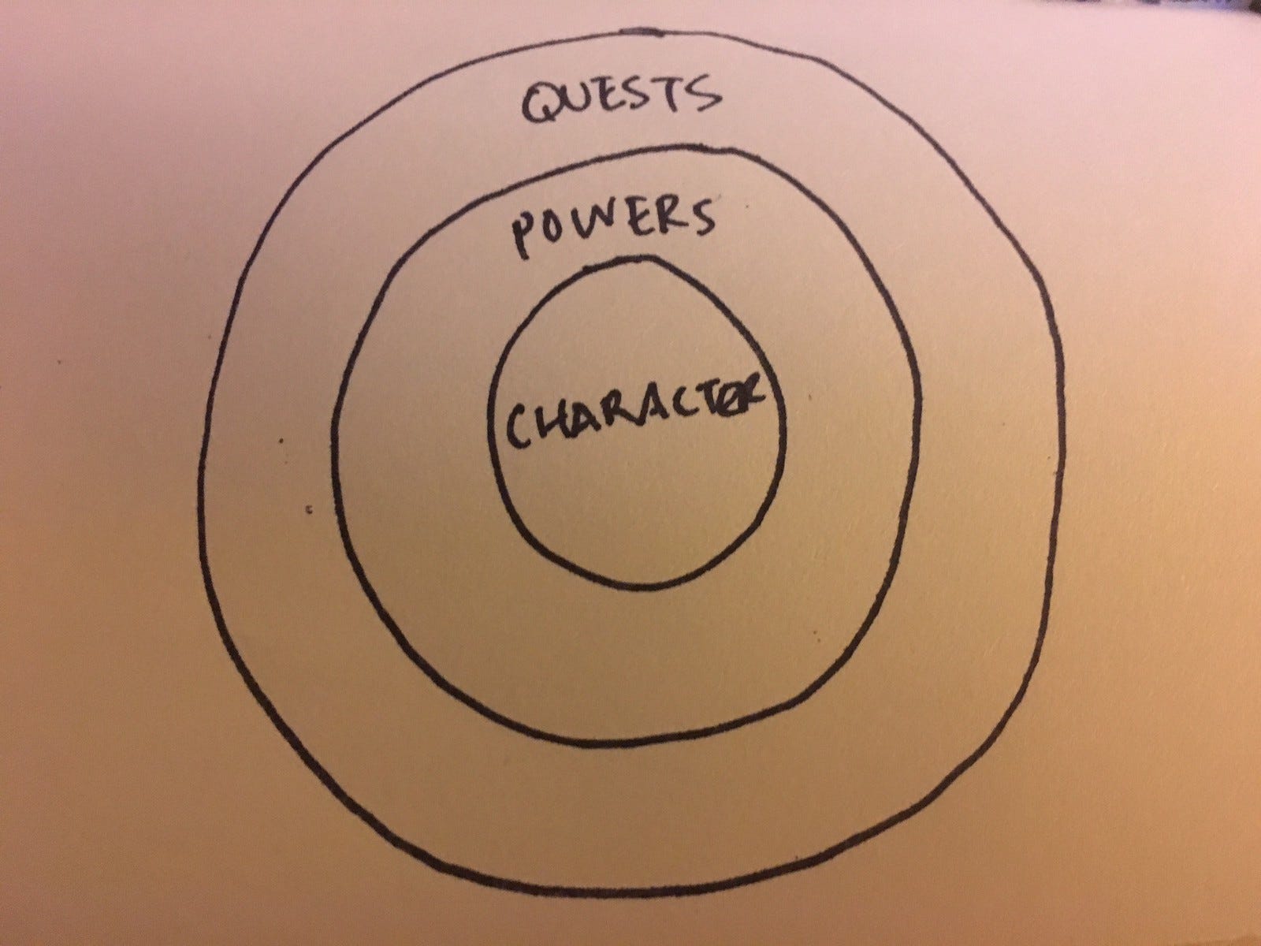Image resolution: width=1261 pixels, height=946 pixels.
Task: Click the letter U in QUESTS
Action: coord(588,105)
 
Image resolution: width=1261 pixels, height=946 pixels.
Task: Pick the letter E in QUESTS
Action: coord(623,104)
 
